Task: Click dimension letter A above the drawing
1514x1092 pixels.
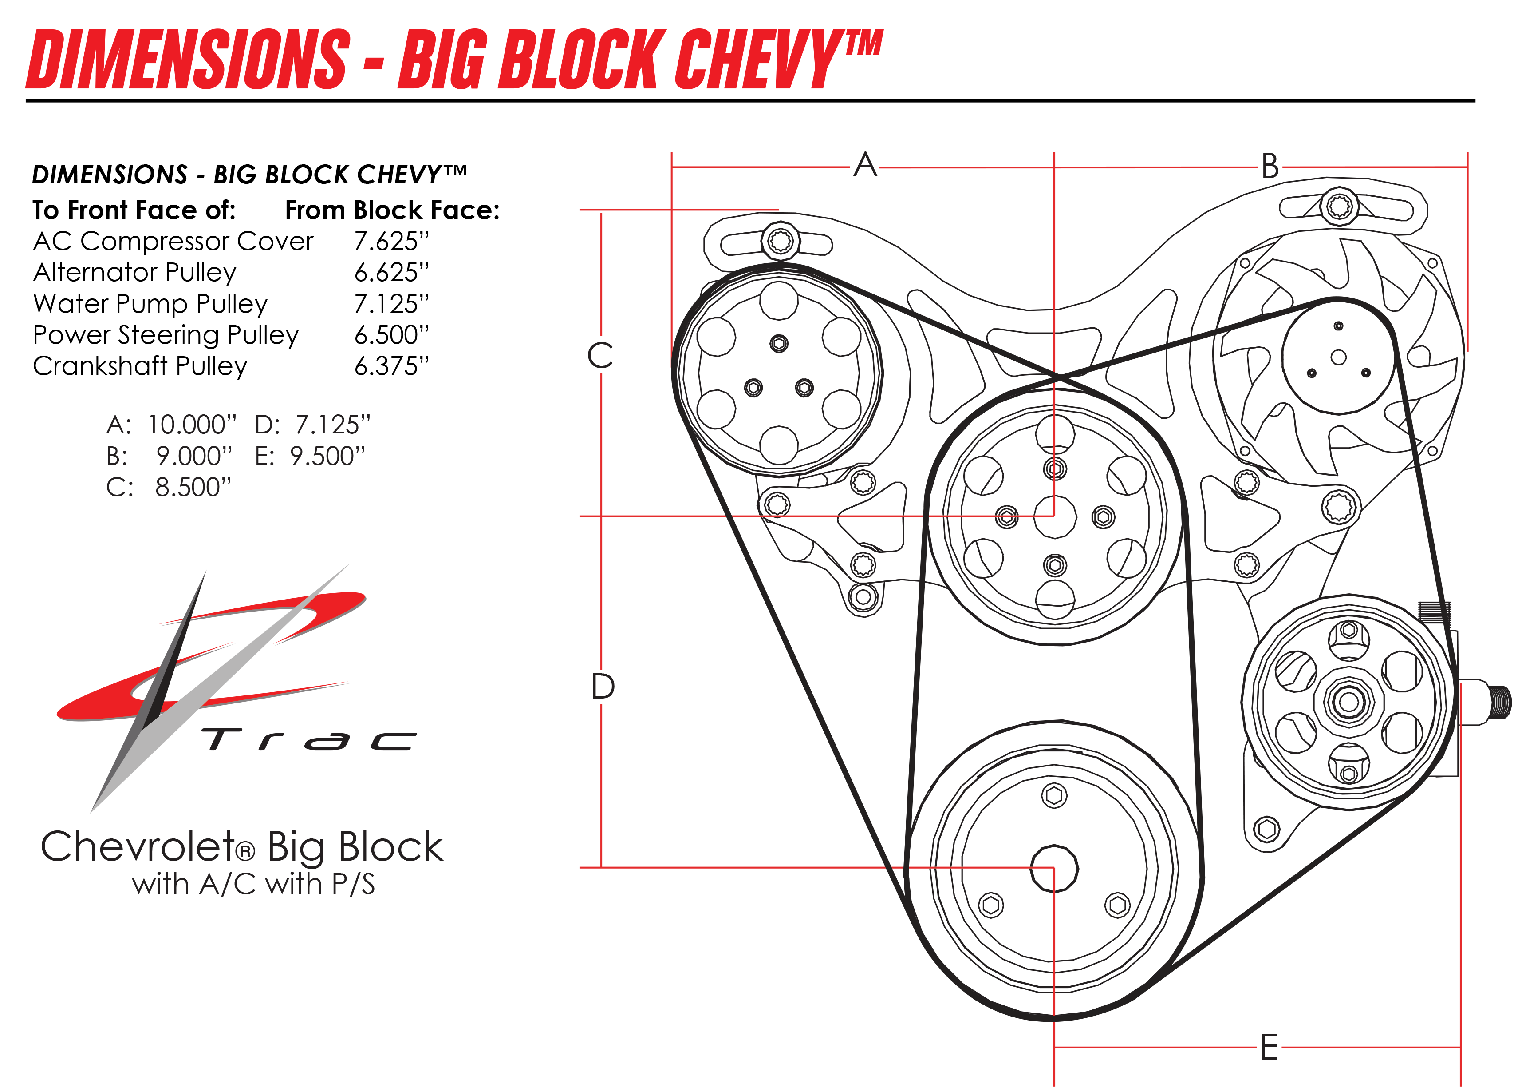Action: point(865,164)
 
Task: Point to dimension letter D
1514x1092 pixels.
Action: point(603,687)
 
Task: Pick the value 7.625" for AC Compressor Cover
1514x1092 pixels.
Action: point(391,241)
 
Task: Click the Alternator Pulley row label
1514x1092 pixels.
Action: point(135,273)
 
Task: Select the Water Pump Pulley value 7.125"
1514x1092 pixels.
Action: point(391,304)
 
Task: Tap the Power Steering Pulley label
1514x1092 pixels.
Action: point(166,334)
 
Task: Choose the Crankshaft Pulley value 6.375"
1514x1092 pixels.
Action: point(391,366)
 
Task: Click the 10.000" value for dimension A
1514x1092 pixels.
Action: point(192,425)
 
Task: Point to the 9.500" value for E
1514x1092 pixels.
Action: point(327,456)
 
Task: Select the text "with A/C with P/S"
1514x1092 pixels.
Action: point(254,884)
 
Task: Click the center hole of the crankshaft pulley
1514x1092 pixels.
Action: point(1054,868)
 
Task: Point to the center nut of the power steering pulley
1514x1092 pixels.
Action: point(1348,701)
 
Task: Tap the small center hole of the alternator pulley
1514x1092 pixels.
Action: point(1338,357)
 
